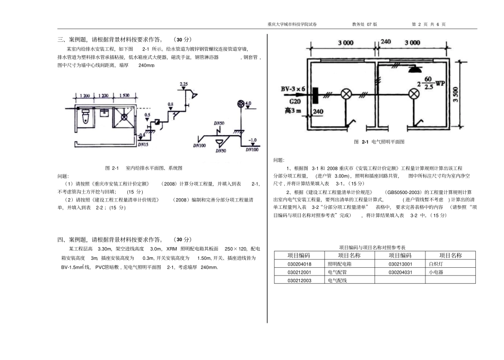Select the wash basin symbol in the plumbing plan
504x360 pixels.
click(105, 112)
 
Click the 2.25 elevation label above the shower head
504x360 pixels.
click(184, 84)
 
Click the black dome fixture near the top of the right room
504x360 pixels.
click(412, 68)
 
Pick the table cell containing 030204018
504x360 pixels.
click(299, 264)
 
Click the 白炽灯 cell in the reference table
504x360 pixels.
click(436, 264)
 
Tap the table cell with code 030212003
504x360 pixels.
click(299, 280)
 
